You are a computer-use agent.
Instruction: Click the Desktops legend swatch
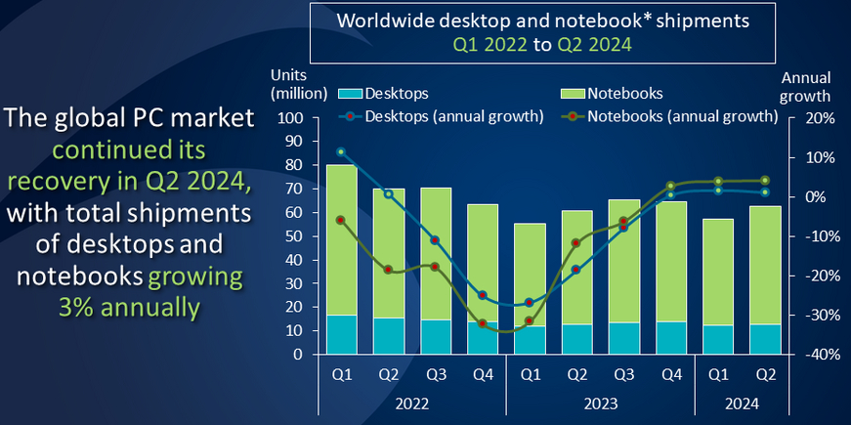click(350, 95)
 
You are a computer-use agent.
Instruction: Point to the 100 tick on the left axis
click(292, 118)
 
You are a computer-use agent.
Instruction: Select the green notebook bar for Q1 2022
click(340, 239)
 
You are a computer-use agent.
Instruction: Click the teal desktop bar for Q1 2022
click(340, 334)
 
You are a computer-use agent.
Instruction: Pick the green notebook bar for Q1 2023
click(529, 275)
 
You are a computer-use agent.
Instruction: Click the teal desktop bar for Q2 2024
click(765, 339)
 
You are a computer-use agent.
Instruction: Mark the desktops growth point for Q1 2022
click(340, 152)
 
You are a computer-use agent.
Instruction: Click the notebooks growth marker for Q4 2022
click(482, 323)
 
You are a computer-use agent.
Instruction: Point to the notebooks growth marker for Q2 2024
click(765, 180)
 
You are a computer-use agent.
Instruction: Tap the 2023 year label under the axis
click(599, 402)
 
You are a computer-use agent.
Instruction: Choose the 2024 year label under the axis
click(742, 402)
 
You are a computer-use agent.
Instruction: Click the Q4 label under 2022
click(482, 374)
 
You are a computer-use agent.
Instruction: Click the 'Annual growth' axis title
click(806, 87)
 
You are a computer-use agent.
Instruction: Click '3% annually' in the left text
click(129, 307)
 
